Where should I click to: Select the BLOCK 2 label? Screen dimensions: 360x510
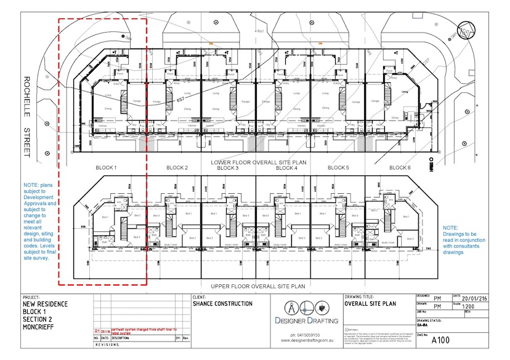(177, 167)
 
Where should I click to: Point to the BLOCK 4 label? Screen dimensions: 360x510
(286, 168)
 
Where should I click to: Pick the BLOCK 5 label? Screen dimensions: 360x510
(338, 167)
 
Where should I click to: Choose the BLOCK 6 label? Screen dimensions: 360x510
(400, 167)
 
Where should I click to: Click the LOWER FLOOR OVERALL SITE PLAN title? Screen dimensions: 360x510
(258, 162)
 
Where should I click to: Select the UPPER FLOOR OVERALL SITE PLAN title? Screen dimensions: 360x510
(258, 286)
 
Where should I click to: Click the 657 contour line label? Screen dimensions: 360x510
(181, 98)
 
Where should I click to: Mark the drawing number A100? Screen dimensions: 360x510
(441, 340)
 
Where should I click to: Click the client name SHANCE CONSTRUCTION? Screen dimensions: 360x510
(222, 304)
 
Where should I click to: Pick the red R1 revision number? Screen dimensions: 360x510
(97, 330)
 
